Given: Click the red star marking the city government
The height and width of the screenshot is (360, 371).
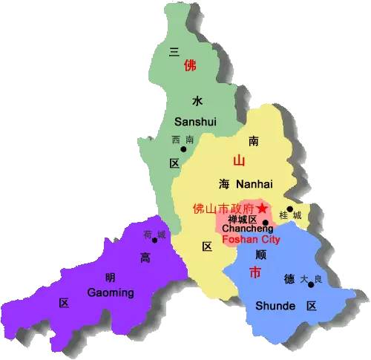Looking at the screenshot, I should pos(262,209).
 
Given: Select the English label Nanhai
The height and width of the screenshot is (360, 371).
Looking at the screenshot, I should pos(255,183).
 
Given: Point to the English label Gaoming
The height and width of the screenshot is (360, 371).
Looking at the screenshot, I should pos(110,292).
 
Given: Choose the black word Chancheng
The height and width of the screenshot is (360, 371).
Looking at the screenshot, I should pos(242,230).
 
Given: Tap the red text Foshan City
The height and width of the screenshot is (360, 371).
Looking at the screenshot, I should pos(252,240).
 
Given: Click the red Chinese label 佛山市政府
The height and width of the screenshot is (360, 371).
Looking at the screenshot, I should pos(223,209).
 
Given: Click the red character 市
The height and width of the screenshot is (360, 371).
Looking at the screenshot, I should pos(255,271).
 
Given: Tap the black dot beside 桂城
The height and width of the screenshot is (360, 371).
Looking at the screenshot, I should pos(289,209).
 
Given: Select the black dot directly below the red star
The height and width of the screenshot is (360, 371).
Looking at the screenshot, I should pos(265,222).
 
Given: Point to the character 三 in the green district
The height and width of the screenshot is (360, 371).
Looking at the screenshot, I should pos(174,51).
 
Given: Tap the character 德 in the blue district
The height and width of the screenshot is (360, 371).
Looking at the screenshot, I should pos(289,279).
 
